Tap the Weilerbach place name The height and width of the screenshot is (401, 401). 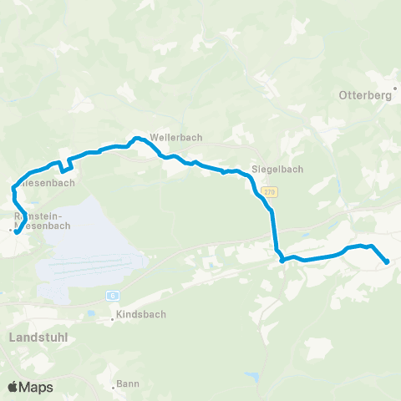pyautogui.click(x=175, y=138)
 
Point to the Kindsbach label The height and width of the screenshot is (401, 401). pyautogui.click(x=143, y=315)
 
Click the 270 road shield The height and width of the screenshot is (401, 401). pyautogui.click(x=268, y=192)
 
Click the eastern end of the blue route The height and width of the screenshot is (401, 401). pyautogui.click(x=387, y=262)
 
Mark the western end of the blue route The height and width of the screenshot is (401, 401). pyautogui.click(x=16, y=232)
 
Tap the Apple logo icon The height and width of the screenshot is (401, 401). pyautogui.click(x=13, y=387)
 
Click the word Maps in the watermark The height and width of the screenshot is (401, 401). pyautogui.click(x=38, y=387)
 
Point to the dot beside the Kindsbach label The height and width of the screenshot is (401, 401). pyautogui.click(x=114, y=318)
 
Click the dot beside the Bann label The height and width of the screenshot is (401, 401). pyautogui.click(x=114, y=387)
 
